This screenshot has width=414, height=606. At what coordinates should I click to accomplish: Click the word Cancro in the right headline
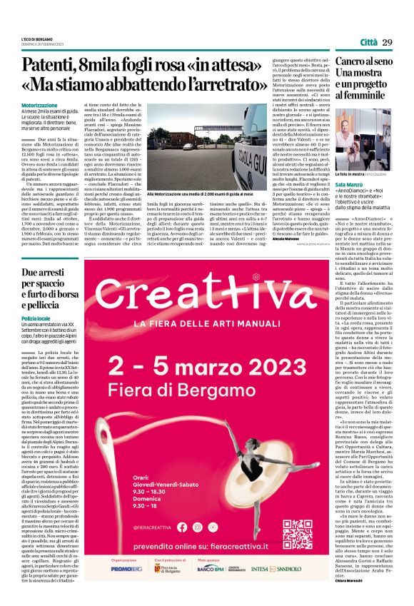(x=353, y=64)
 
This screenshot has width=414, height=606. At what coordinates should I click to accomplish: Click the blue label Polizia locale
(x=36, y=318)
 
